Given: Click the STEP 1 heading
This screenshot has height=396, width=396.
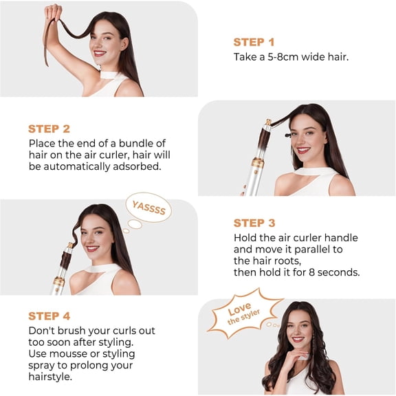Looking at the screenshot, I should click(254, 42).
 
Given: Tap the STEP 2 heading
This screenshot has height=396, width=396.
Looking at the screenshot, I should click(49, 129).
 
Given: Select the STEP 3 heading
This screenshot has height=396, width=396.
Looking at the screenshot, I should click(254, 223).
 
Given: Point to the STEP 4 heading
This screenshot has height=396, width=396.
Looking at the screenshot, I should click(49, 316).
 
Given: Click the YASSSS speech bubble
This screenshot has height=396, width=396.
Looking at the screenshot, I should click(148, 206).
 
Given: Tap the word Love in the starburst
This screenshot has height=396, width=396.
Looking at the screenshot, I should click(239, 308).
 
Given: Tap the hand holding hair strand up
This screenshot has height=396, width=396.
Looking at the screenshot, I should click(53, 12).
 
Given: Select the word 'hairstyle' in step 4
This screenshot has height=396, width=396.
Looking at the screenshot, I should click(52, 377).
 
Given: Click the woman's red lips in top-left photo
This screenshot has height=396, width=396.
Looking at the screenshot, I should click(100, 53).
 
